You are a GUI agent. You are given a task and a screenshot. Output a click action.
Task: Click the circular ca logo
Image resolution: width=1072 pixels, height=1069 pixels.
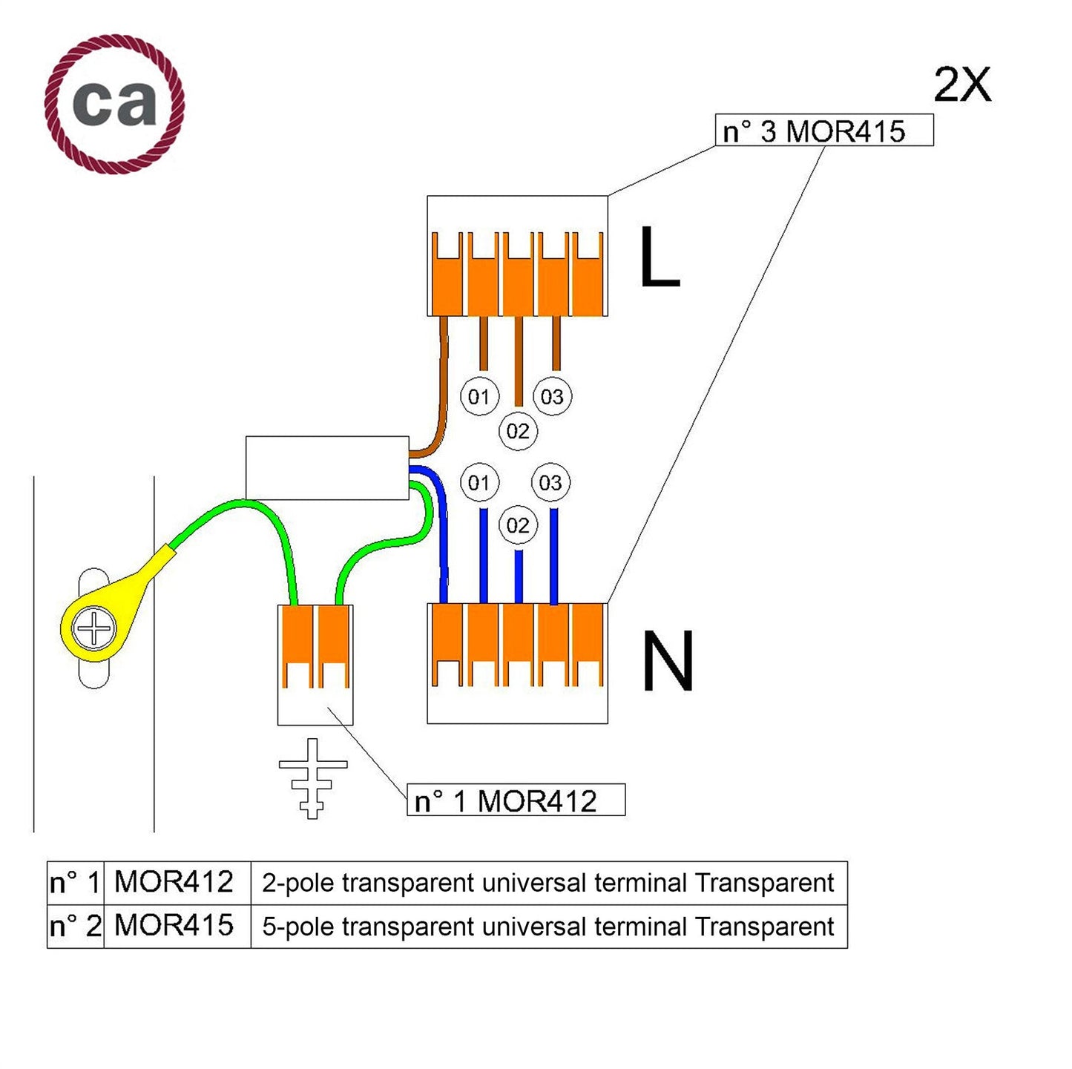(114, 103)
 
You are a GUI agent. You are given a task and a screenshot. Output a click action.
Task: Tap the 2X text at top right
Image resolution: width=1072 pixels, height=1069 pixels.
(961, 85)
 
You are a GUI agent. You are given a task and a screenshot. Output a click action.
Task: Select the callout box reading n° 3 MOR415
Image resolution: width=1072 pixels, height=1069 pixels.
(823, 131)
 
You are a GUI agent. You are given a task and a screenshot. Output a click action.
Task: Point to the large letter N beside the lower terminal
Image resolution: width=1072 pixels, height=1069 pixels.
(667, 662)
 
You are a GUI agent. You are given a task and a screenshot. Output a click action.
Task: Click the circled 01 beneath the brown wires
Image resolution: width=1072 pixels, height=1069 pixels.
(479, 397)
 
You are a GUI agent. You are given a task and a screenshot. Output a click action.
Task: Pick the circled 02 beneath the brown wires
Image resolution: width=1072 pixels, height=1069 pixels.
(518, 431)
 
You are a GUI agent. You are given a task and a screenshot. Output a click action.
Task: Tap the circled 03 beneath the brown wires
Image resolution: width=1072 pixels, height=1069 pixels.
(552, 397)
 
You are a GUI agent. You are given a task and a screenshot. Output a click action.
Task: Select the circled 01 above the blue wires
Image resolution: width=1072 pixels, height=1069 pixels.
(479, 484)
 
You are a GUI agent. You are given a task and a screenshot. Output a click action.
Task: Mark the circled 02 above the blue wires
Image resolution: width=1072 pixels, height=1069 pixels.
(518, 526)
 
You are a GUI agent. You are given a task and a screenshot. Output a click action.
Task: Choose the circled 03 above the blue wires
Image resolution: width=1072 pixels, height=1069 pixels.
(550, 484)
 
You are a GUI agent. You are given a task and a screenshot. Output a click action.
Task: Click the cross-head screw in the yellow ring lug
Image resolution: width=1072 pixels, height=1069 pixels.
(94, 630)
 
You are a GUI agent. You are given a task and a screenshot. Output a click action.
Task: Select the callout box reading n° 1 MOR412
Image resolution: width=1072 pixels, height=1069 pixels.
(516, 800)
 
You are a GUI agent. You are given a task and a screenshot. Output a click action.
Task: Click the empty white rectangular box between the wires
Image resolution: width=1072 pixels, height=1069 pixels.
(326, 467)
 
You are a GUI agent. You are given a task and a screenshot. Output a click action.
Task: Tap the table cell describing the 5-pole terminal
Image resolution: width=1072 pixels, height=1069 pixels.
(548, 927)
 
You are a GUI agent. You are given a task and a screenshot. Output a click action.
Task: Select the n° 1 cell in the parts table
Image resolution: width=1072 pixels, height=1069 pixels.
(75, 883)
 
